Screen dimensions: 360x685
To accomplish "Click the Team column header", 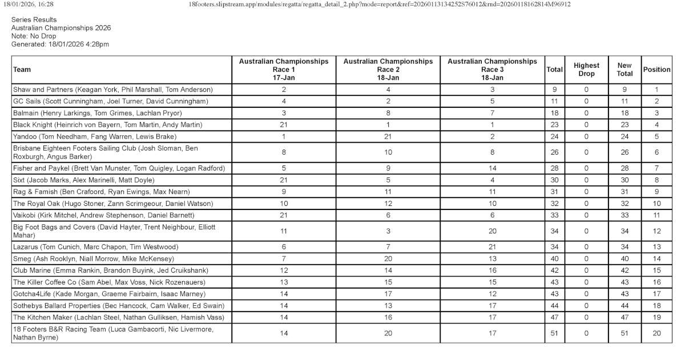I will click(x=22, y=70).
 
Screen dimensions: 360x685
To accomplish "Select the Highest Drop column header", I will click(x=586, y=70).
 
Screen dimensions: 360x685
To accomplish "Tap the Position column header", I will click(x=656, y=70).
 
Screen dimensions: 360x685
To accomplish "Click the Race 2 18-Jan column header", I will click(x=388, y=70).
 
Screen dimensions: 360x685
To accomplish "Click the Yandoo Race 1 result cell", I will click(x=284, y=136).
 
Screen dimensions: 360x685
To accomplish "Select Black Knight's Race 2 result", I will click(x=388, y=124).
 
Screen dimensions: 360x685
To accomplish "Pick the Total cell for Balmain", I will click(x=554, y=113).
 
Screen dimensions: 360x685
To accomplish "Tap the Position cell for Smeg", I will click(x=656, y=258).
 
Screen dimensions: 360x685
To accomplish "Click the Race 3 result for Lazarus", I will click(x=492, y=247).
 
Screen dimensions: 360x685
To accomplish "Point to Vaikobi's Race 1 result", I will click(x=284, y=215).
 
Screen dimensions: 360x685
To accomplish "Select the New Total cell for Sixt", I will click(x=624, y=180).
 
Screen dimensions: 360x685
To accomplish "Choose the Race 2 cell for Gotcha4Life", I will click(x=388, y=294).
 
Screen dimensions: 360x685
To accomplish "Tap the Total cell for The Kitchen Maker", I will click(x=554, y=317).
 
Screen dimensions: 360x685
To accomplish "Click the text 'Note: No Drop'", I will click(x=34, y=35).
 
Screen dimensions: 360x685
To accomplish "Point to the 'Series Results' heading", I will click(x=34, y=19).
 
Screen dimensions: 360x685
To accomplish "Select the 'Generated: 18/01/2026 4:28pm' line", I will click(x=60, y=44).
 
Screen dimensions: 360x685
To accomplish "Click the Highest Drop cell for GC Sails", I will click(x=586, y=101).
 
